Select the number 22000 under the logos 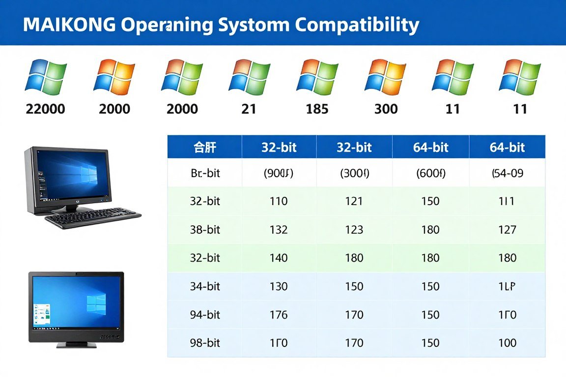(x=45, y=108)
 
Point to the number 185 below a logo (x=317, y=108)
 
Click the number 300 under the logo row (x=386, y=108)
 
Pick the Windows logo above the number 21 (x=249, y=77)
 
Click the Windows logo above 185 (x=317, y=77)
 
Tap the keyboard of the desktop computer (x=93, y=217)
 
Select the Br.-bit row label (x=205, y=173)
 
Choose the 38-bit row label (x=205, y=229)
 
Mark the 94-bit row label (x=205, y=315)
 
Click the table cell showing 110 (x=279, y=201)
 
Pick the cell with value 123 (x=354, y=229)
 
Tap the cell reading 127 (x=507, y=229)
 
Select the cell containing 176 (x=279, y=315)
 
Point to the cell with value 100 (x=507, y=343)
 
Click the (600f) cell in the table (x=430, y=173)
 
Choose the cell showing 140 (x=279, y=258)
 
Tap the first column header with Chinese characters (x=205, y=147)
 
